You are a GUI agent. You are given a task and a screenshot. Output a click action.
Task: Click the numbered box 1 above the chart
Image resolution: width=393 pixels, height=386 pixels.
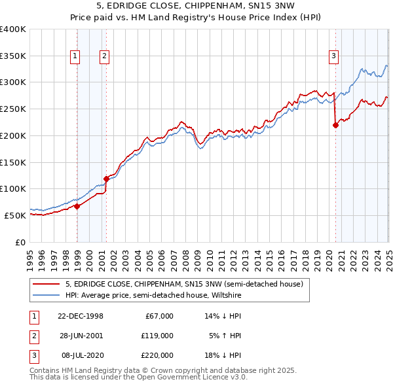(x=76, y=57)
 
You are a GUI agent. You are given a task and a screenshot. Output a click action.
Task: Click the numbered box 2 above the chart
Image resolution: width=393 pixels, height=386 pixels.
(x=104, y=57)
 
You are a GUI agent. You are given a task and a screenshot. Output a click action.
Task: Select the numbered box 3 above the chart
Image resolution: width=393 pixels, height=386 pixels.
(x=333, y=57)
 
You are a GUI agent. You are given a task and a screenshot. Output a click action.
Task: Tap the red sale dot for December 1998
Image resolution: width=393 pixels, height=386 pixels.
(x=77, y=206)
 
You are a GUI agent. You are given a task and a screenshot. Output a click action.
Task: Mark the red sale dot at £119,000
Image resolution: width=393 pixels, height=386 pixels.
(x=105, y=178)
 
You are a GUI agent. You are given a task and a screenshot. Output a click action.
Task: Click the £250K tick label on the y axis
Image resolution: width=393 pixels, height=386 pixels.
(x=13, y=109)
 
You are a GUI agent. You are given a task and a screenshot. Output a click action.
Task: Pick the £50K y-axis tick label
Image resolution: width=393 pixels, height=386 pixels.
(x=16, y=215)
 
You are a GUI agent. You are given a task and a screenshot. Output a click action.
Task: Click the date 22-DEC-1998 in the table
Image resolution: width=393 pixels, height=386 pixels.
(x=80, y=316)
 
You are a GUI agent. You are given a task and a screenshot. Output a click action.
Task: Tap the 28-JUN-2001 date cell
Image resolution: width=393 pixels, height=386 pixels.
(x=80, y=336)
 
